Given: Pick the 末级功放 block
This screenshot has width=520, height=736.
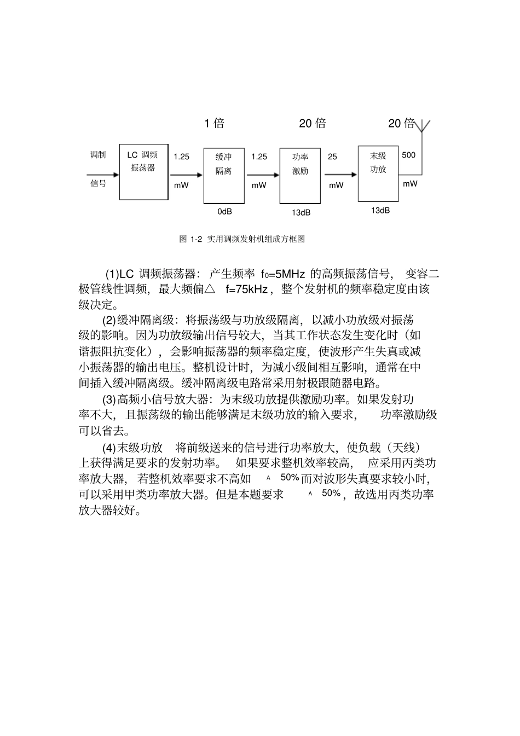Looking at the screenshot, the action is tap(378, 173).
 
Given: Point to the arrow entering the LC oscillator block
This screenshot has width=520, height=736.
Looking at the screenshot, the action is tap(104, 175).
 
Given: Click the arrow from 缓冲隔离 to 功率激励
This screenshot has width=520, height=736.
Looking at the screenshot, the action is tap(263, 175).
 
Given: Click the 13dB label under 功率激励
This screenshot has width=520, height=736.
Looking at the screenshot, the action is tap(301, 212).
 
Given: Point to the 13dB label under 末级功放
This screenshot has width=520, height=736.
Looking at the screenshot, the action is tap(380, 210).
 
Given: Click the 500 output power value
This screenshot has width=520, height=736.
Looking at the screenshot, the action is tap(408, 155).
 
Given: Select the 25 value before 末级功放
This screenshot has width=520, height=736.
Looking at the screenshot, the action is tap(332, 157).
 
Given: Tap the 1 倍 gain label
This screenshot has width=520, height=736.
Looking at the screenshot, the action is tap(214, 123).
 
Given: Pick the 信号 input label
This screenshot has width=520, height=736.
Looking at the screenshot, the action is tap(98, 183).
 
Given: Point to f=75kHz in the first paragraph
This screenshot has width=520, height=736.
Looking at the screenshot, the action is tap(246, 289).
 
